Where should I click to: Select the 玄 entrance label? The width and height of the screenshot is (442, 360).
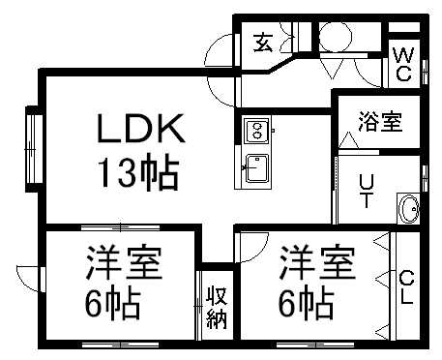tap(262, 42)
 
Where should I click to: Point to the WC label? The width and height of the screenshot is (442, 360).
tap(403, 63)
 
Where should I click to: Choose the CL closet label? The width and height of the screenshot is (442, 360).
tap(406, 287)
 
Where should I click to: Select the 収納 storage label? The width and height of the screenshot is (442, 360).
tap(215, 309)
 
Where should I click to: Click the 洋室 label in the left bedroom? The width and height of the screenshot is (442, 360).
tap(123, 262)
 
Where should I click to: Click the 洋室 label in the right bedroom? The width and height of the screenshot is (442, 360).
tap(316, 262)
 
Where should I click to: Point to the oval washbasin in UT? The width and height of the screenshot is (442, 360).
tap(409, 208)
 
